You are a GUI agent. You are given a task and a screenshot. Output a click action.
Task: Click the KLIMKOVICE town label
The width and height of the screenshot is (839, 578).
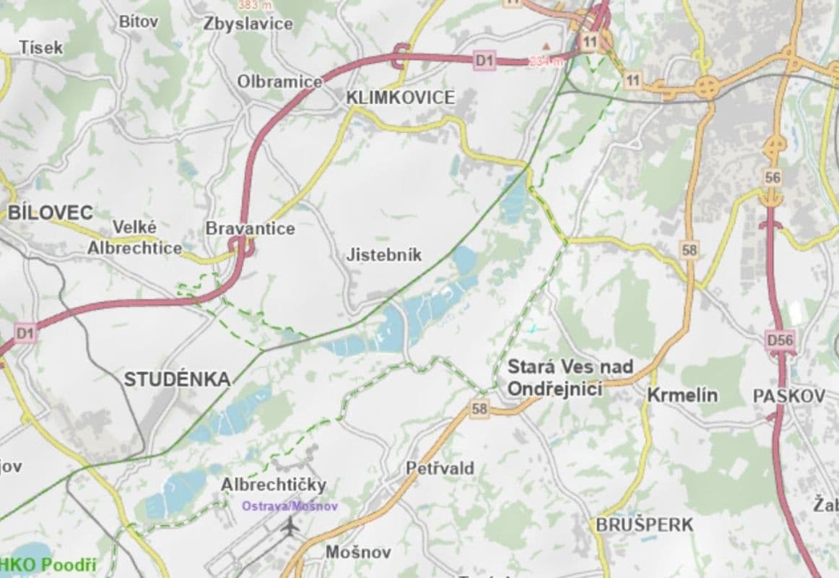(401, 98)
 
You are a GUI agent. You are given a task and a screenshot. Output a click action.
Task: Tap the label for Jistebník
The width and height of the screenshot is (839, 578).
(383, 255)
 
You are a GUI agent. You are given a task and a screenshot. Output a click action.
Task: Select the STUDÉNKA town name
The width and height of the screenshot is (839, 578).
(177, 379)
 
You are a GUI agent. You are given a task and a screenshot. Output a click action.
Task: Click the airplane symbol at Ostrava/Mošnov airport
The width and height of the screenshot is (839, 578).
(290, 527)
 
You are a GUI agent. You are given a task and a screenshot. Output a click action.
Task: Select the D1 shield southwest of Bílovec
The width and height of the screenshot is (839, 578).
(25, 333)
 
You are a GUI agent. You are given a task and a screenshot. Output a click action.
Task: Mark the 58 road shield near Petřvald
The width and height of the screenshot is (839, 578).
(479, 410)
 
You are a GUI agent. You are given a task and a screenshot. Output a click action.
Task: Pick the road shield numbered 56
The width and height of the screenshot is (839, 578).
(773, 177)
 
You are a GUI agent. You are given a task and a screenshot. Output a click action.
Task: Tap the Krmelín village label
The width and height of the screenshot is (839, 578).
(682, 395)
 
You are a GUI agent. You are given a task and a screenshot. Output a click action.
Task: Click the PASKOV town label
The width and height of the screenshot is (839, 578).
(788, 396)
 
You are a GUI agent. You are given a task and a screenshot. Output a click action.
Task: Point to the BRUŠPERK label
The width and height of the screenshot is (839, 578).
(644, 525)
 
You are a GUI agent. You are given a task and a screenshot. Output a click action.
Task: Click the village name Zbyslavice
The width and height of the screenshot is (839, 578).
(248, 24)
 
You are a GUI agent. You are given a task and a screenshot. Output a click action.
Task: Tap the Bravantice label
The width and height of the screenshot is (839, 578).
(250, 228)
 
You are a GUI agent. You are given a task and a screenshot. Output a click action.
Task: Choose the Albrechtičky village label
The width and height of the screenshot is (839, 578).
(274, 484)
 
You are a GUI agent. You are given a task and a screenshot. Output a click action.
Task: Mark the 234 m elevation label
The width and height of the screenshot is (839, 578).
(545, 61)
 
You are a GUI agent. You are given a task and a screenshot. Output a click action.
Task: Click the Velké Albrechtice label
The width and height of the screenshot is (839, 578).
(134, 238)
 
